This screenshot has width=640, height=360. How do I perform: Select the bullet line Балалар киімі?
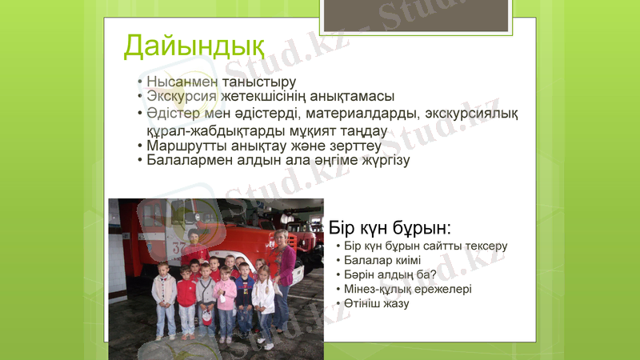[382, 261]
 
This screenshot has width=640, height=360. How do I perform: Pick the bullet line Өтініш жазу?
[377, 304]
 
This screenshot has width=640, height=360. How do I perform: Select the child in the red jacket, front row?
[187, 296]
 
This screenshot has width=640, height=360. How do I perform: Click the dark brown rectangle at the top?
[416, 14]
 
